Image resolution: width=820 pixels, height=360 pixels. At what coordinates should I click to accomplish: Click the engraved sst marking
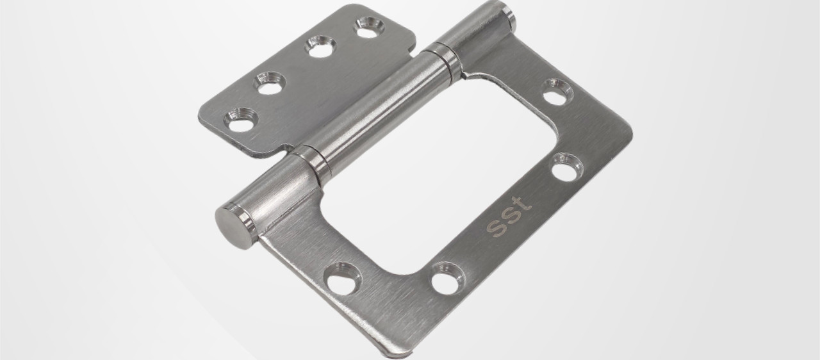(x=509, y=217)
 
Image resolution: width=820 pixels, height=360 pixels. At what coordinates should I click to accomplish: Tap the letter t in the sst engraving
(x=523, y=204)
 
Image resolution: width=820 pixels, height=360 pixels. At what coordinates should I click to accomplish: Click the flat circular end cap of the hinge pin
(x=234, y=227)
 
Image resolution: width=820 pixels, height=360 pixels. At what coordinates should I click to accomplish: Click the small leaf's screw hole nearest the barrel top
(x=370, y=28)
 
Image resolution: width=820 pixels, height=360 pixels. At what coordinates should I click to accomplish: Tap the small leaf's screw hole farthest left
(x=241, y=120)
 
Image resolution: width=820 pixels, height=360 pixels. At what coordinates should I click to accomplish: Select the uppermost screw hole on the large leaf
(x=557, y=92)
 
